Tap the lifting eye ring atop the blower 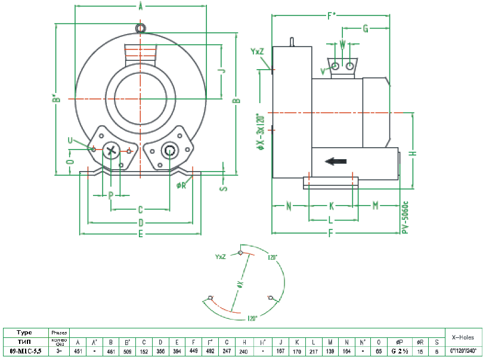(140, 28)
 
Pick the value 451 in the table (78, 351)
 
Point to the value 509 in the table (127, 351)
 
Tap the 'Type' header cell (24, 332)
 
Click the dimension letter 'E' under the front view (140, 234)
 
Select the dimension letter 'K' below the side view (332, 206)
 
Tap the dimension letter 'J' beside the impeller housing (221, 70)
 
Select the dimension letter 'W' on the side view (342, 44)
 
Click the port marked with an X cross (110, 151)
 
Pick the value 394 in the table (177, 351)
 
